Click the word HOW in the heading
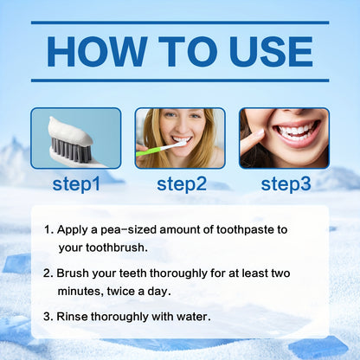pos(96,52)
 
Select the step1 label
pos(75,183)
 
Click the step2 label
pos(180,183)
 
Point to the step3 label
pos(285,183)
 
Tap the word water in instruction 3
pos(190,316)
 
